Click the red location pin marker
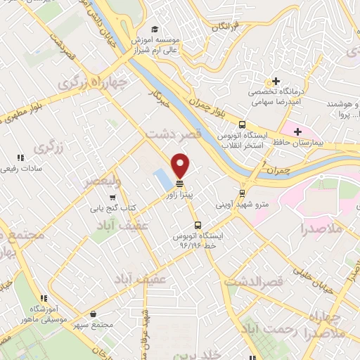(x=181, y=164)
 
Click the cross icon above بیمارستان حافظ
(x=298, y=131)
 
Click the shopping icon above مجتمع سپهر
(x=94, y=316)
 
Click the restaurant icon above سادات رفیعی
(x=21, y=157)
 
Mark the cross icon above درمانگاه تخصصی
(x=276, y=80)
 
